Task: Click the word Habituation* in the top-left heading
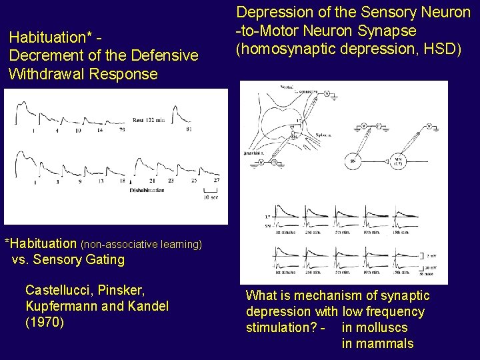tap(45, 39)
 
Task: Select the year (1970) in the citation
tap(45, 323)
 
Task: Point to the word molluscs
tap(374, 327)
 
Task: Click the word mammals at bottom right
tap(377, 344)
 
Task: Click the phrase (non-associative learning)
tap(141, 245)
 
